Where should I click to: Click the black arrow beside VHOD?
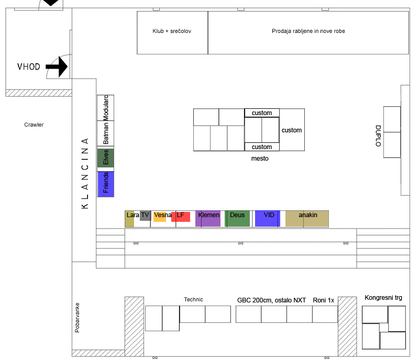[57, 67]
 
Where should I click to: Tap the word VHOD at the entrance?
[29, 67]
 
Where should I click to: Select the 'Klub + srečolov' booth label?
[172, 31]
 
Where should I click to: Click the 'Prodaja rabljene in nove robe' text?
[308, 31]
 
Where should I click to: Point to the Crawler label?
[34, 125]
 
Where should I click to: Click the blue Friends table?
[106, 184]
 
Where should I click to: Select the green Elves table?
[106, 158]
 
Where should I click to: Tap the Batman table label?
[106, 133]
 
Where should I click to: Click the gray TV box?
[146, 216]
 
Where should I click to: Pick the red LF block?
[181, 217]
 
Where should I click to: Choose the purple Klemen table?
[208, 218]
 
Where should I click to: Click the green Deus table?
[237, 218]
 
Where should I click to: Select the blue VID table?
[268, 218]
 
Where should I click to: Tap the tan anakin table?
[307, 218]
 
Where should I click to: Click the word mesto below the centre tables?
[260, 159]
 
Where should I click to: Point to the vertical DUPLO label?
[378, 136]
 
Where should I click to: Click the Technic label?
[193, 300]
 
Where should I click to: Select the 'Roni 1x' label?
[324, 300]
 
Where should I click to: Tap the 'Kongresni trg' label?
[383, 298]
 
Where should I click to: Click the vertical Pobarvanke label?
[77, 318]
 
